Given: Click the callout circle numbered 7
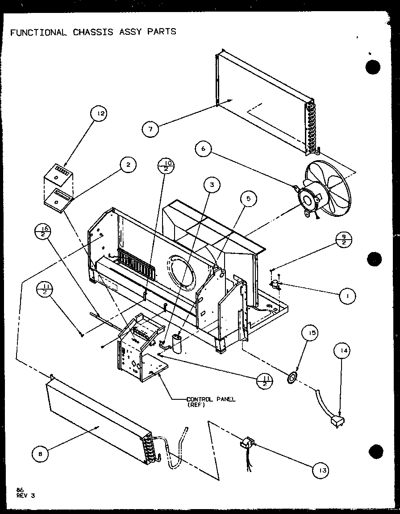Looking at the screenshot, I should [151, 129].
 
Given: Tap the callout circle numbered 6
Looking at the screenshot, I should [204, 149].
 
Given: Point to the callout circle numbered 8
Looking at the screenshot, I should [41, 454].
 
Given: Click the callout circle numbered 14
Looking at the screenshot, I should [342, 352].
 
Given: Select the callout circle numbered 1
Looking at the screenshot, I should [347, 295].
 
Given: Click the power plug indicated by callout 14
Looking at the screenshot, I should [339, 421].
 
